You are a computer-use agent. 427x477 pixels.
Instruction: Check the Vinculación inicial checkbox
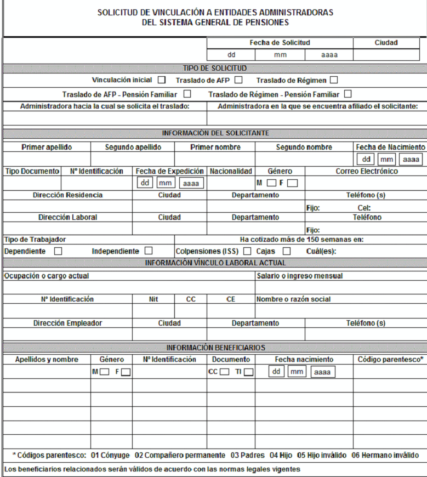[x=162, y=80]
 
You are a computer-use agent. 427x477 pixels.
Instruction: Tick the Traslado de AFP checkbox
[x=238, y=80]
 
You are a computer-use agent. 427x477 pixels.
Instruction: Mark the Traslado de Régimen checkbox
[x=334, y=80]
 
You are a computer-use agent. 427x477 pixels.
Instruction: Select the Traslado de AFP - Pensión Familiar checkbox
[x=187, y=94]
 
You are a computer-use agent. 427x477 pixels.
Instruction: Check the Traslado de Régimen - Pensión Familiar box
[x=348, y=94]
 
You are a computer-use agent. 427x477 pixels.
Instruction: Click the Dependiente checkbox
[x=58, y=251]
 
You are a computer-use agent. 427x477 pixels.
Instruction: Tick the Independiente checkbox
[x=149, y=251]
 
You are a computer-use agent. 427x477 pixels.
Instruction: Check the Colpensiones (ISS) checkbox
[x=247, y=251]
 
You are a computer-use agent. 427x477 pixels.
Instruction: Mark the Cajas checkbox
[x=287, y=251]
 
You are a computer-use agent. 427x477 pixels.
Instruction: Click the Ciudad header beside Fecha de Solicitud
[x=386, y=42]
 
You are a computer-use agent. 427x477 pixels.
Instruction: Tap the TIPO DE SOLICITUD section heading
[x=214, y=68]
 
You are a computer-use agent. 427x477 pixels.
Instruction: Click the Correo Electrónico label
[x=367, y=171]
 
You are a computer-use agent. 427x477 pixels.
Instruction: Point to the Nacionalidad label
[x=231, y=171]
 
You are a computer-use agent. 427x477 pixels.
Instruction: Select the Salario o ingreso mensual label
[x=299, y=276]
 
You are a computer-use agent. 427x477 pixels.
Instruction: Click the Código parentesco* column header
[x=390, y=359]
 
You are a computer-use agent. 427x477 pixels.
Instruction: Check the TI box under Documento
[x=249, y=372]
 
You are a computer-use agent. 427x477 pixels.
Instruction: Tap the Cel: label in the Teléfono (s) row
[x=364, y=208]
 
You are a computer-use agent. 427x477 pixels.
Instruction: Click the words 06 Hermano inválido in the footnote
[x=385, y=455]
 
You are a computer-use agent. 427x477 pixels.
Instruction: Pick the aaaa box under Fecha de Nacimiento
[x=410, y=159]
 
